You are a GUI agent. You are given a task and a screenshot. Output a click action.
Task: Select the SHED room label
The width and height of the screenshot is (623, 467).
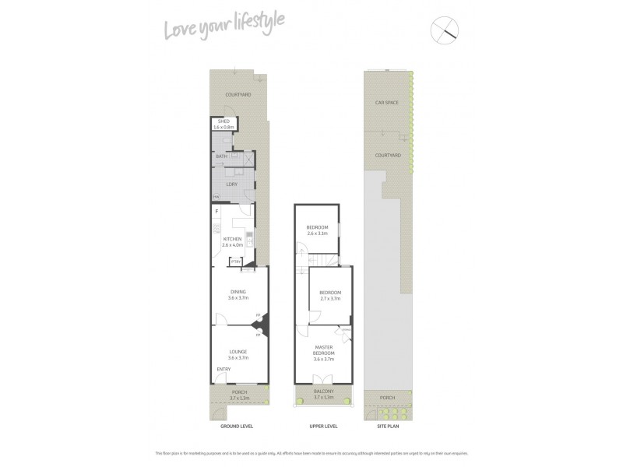pos(223,124)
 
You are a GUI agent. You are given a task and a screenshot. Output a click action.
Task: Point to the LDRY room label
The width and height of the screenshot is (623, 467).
pos(231,184)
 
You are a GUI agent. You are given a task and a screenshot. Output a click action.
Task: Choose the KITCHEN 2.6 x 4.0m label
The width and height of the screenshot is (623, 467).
pos(233,241)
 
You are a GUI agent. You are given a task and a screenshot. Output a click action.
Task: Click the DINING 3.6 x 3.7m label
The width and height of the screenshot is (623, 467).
pos(238,294)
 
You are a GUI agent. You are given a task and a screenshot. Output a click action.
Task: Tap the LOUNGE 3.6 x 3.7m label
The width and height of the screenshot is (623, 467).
pos(238,355)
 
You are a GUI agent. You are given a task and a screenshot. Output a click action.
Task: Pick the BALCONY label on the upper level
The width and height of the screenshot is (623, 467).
pos(322,394)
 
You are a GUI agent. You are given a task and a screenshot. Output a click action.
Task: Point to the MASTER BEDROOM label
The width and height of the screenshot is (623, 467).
pos(323,353)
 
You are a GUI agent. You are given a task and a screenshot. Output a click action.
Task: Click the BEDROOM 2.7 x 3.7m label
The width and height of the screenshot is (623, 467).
pos(330,296)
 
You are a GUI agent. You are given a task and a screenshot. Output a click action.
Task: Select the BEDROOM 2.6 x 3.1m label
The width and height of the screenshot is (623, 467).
pos(317,230)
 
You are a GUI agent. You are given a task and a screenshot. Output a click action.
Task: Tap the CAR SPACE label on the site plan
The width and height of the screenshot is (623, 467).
pos(386,102)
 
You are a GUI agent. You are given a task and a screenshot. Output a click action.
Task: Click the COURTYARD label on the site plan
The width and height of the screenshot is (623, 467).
pos(387,156)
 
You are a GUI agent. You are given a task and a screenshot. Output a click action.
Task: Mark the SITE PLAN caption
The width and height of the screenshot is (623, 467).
pos(387,426)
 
